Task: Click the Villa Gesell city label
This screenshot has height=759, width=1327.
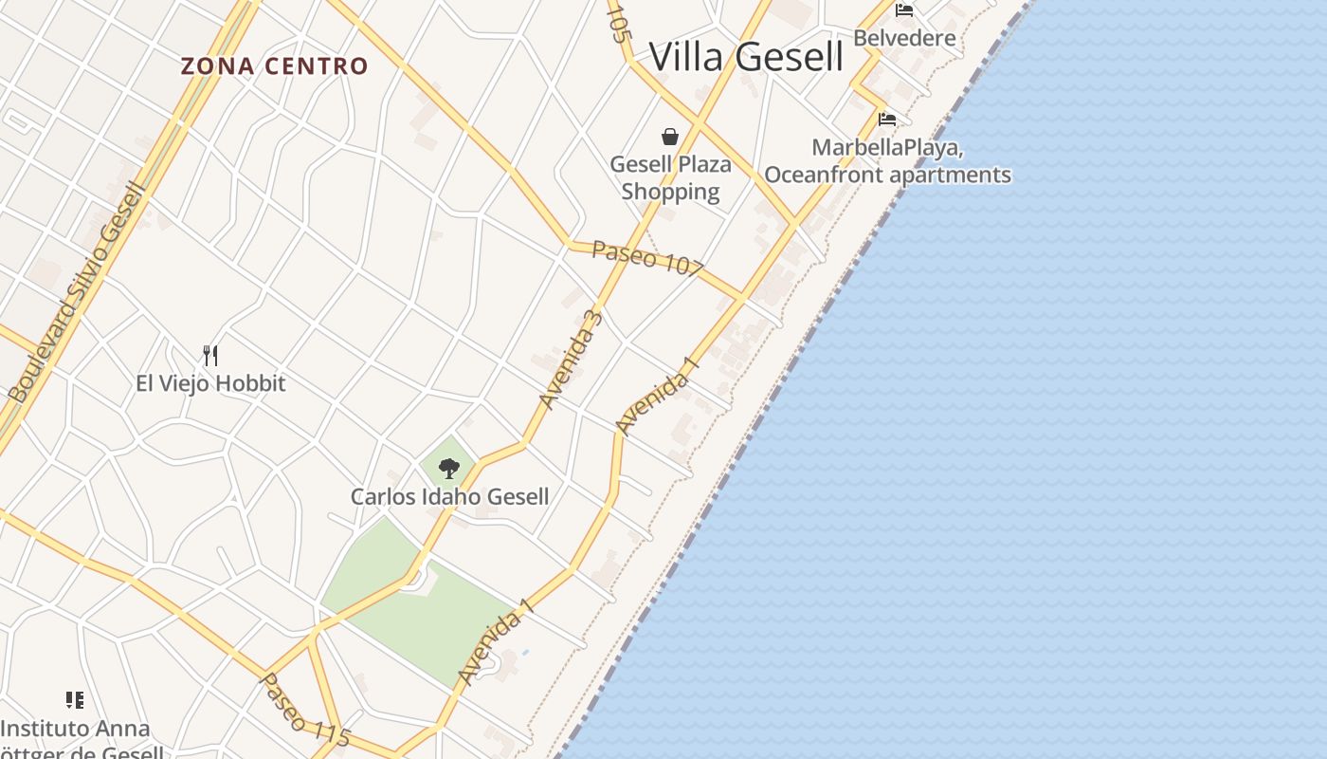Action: [x=746, y=57]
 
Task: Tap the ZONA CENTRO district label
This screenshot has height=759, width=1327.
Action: [x=274, y=66]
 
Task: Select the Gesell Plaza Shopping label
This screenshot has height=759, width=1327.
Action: [x=670, y=177]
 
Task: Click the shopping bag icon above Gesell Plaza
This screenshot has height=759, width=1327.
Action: [x=670, y=137]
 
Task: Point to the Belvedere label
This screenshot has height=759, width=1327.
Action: [x=904, y=38]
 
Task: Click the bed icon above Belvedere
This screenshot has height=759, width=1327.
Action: [x=904, y=10]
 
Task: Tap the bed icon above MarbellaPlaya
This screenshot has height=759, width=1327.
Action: [x=887, y=120]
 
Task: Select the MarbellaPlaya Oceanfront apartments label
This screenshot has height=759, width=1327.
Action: [x=887, y=162]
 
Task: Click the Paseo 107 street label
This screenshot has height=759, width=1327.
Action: [x=647, y=258]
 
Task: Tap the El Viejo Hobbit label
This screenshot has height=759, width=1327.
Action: [x=210, y=383]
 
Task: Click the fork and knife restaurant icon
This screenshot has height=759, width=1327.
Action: [x=210, y=356]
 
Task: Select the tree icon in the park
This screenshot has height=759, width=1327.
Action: [x=449, y=468]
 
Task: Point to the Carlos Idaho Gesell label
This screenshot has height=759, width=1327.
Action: [x=449, y=496]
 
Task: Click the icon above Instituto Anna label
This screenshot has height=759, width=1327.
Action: [x=75, y=700]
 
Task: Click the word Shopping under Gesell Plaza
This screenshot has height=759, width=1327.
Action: [x=670, y=192]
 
